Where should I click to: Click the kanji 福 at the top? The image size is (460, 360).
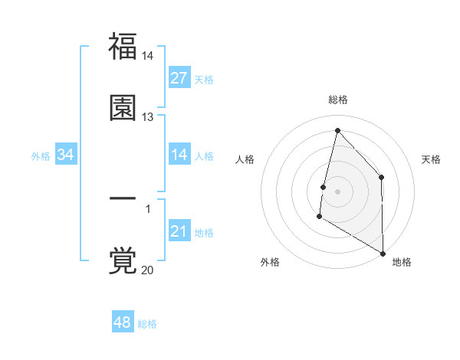[123, 47]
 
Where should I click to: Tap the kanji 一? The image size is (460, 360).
[123, 199]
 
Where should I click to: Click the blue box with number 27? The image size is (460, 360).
[179, 78]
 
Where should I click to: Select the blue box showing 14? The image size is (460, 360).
[179, 155]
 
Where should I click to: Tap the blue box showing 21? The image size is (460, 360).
[179, 231]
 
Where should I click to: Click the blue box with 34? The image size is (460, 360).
[66, 155]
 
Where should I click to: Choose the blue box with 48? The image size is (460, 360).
[123, 322]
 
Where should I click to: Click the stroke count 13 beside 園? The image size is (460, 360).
[148, 116]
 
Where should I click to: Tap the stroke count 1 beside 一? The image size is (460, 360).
[148, 208]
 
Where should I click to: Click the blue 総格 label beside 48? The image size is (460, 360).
[147, 324]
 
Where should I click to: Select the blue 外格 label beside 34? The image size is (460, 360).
[41, 156]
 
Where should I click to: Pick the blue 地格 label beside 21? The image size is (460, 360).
[204, 233]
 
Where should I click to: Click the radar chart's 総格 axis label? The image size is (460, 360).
[338, 100]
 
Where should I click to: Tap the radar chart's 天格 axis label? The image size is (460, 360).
[431, 159]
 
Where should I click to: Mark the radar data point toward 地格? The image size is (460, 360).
[382, 252]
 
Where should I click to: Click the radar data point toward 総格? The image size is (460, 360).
[337, 130]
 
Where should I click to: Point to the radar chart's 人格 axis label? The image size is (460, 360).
[245, 159]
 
